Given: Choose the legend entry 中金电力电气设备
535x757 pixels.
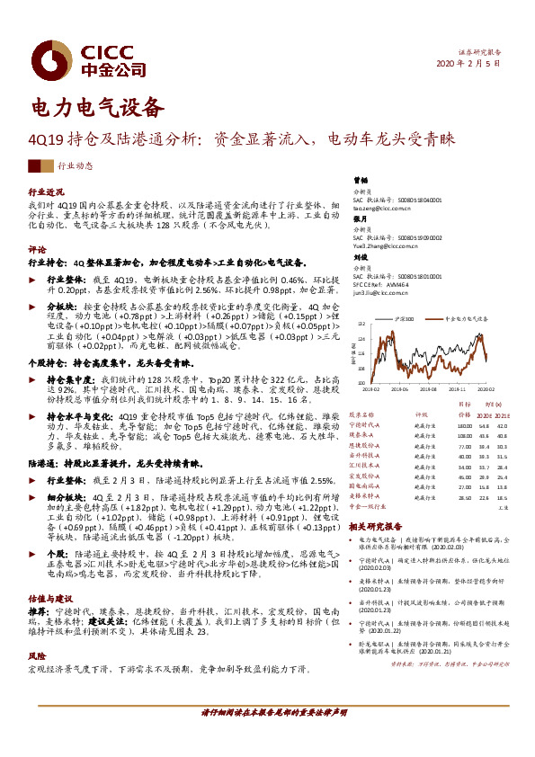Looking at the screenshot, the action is (462, 318).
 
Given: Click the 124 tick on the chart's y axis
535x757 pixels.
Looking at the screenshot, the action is (360, 339).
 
